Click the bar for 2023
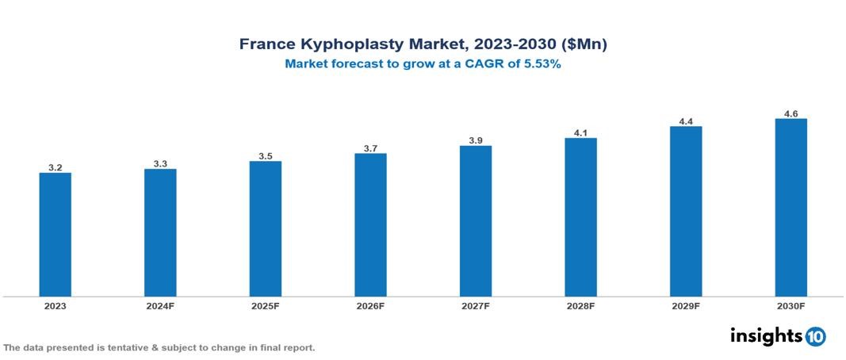point(55,235)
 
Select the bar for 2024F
point(160,232)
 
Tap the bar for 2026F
point(370,224)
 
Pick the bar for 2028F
point(580,217)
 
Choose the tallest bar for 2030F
point(790,208)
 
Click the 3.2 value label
point(55,167)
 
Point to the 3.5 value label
point(266,156)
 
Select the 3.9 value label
point(476,140)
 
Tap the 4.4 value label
point(686,121)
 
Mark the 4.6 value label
point(790,114)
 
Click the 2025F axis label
point(266,305)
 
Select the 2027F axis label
point(476,305)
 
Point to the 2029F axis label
point(686,305)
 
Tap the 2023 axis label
point(55,305)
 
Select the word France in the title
point(267,45)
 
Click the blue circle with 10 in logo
point(815,336)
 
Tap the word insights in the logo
point(766,335)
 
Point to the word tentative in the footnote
point(120,348)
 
